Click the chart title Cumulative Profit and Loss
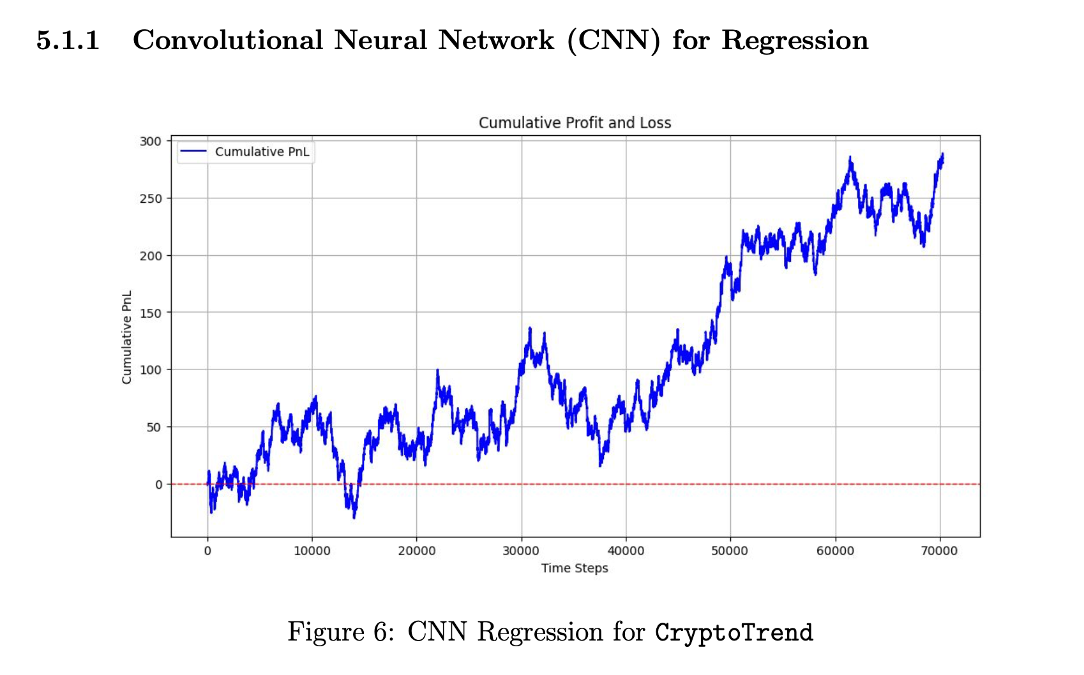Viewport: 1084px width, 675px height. pos(575,122)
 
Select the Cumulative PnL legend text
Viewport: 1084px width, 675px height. pos(262,152)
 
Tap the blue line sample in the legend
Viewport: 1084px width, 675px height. pos(193,152)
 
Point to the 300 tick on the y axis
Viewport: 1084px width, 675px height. pos(151,141)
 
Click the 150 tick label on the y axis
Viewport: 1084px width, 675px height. pos(151,313)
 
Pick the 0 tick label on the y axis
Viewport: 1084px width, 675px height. pos(158,484)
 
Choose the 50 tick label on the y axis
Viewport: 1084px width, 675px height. pos(154,427)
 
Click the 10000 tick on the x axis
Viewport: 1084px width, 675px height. pos(312,551)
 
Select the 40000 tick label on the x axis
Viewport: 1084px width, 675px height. pos(626,551)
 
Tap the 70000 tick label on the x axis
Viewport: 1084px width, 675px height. pos(940,551)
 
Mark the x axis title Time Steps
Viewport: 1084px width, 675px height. pos(575,568)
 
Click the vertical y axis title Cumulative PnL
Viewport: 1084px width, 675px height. pos(126,337)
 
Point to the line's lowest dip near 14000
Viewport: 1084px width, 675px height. pos(354,516)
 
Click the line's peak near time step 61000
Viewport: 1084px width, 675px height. pos(850,157)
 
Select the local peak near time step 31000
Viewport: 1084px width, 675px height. pos(530,328)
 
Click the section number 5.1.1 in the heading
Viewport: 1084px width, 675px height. pos(68,40)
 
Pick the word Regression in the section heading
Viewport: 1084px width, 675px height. pos(795,40)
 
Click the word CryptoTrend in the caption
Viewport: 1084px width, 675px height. pos(734,632)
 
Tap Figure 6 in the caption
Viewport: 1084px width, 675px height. pos(340,632)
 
